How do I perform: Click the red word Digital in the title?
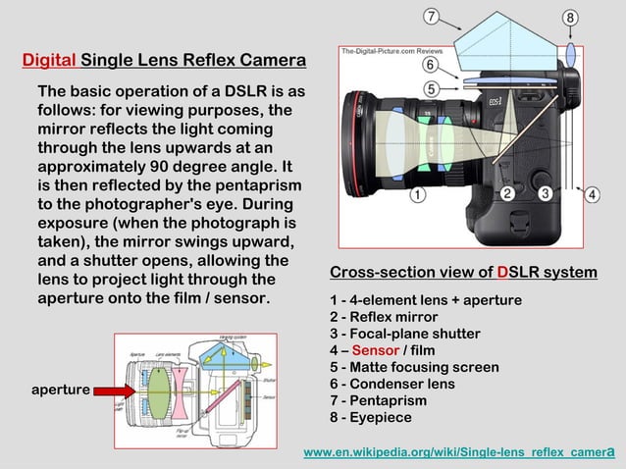(x=49, y=61)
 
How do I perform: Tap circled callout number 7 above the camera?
(x=431, y=16)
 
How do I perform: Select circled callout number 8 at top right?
(x=570, y=17)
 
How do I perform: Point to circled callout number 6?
(x=430, y=65)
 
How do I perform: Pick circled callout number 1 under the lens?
(x=417, y=194)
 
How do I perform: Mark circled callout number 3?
(x=546, y=193)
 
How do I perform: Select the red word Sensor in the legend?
(x=375, y=350)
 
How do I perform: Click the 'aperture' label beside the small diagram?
(x=61, y=390)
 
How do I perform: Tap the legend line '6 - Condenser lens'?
(x=391, y=384)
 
